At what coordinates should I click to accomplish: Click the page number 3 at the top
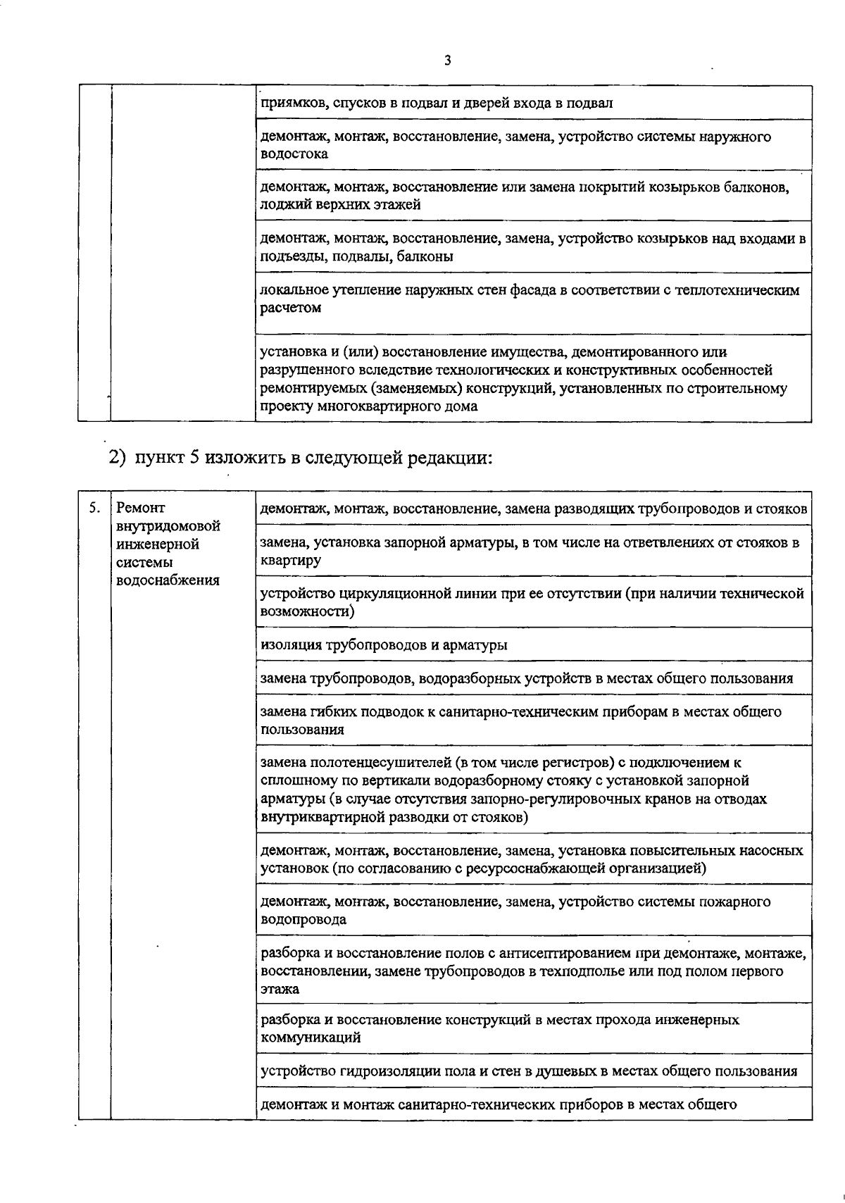[x=448, y=61]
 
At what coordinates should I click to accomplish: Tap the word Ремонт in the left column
[x=140, y=507]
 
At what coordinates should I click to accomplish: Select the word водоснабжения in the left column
[x=167, y=580]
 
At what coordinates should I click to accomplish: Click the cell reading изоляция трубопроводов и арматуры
[x=384, y=644]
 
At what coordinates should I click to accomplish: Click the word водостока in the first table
[x=294, y=154]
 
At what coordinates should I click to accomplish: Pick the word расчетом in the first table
[x=291, y=308]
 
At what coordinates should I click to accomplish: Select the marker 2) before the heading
[x=118, y=458]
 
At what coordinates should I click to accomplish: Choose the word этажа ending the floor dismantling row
[x=280, y=988]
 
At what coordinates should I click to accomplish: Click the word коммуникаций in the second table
[x=311, y=1037]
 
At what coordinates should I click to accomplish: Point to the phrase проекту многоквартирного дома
[x=368, y=406]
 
